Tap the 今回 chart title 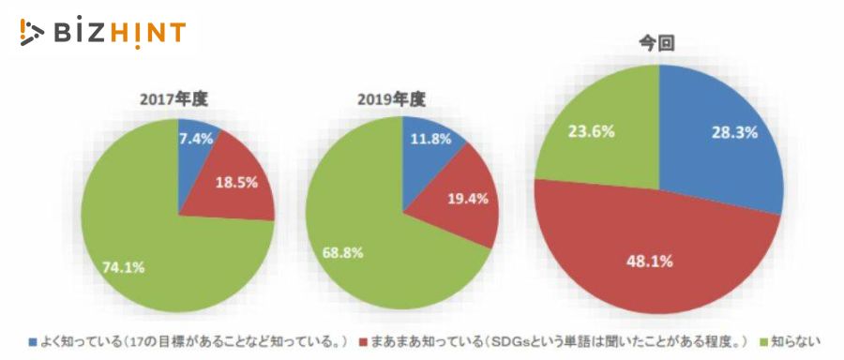click(659, 42)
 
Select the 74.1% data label click(123, 267)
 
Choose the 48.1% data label click(650, 262)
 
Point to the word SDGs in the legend click(494, 341)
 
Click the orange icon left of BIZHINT click(30, 33)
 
